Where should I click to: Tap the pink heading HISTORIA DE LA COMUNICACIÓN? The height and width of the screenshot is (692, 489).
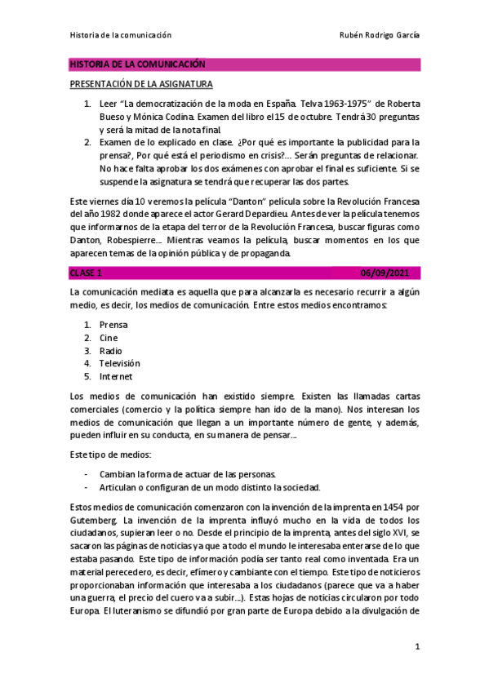coord(137,64)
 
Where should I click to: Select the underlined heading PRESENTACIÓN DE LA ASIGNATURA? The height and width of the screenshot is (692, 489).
coord(140,84)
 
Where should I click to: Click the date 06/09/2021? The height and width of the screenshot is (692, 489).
coord(393,272)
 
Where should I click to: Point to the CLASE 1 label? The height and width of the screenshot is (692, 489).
coord(87,272)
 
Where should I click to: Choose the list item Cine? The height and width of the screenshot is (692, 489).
coord(108,338)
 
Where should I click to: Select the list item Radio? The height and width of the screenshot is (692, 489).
coord(110,351)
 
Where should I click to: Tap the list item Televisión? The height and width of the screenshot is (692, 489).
coord(119,363)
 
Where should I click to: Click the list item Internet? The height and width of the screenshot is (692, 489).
coord(115,376)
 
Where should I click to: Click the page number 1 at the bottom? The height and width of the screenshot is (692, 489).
coord(416,647)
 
